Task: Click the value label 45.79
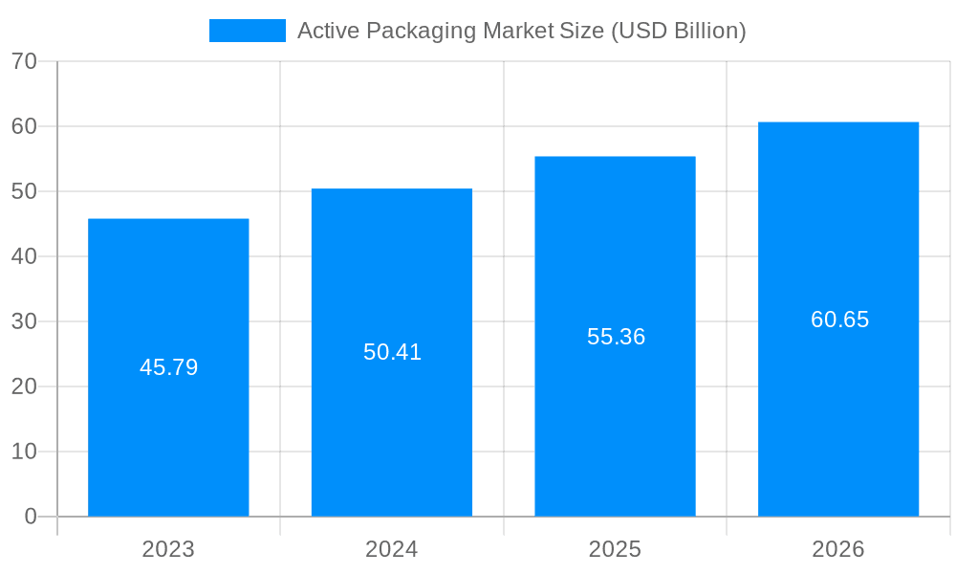tap(168, 367)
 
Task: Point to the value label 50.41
tap(392, 352)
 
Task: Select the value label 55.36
tap(616, 337)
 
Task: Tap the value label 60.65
tap(839, 320)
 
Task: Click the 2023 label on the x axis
tap(168, 549)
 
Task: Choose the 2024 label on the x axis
tap(392, 549)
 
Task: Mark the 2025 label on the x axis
tap(615, 549)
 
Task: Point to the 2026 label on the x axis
tap(838, 549)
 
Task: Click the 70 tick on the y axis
tap(24, 61)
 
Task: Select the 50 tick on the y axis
tap(24, 191)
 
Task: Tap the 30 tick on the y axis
tap(24, 321)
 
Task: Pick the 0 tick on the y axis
tap(31, 517)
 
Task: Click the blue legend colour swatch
tap(247, 31)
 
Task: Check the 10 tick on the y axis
tap(24, 452)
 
